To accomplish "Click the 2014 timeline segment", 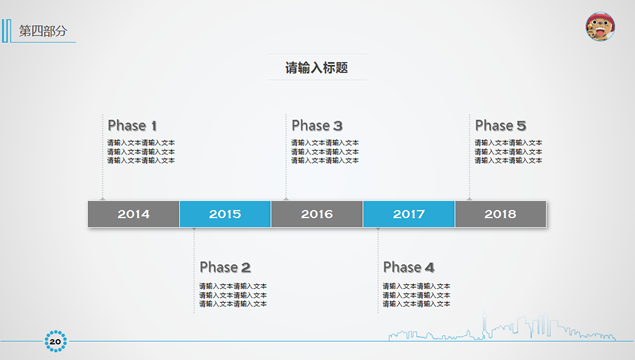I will pos(133,214).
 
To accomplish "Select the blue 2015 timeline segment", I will pos(225,214).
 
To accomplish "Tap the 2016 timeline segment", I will pos(317,214).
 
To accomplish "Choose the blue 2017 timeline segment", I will pos(409,214).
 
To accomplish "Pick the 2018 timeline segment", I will pos(500,214).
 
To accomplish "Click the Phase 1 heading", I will pos(132,126).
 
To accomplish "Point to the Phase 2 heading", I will pos(225,267).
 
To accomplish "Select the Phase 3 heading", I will pos(317,126).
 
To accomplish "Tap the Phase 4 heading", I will pos(408,267).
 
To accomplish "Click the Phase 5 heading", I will pos(500,126).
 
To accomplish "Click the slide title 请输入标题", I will pos(316,68).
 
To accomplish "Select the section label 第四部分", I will pos(43,31).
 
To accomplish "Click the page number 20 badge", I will pos(55,343).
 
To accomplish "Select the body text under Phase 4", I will pos(416,295).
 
